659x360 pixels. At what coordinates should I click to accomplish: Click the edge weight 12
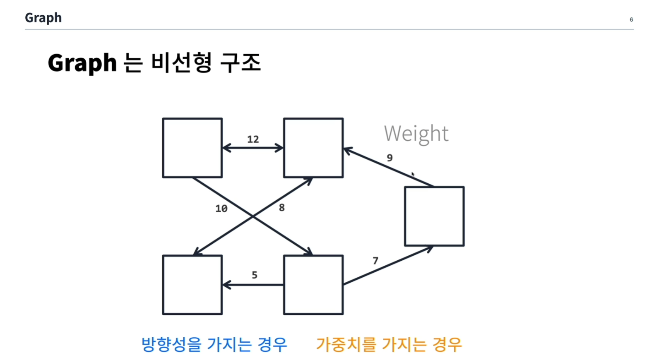(253, 139)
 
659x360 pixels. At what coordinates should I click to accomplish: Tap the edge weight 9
(390, 158)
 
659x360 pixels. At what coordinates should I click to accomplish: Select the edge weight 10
(221, 209)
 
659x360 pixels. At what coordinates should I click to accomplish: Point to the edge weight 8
(281, 208)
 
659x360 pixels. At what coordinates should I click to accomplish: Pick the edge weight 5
(255, 275)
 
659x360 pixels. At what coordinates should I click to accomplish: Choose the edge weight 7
(375, 261)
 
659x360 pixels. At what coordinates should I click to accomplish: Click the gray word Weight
(416, 134)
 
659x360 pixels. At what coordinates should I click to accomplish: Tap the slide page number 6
(631, 19)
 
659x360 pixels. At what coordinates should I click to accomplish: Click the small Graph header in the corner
(43, 18)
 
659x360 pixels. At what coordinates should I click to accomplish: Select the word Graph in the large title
(82, 63)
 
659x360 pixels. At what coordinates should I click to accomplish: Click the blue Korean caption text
(214, 344)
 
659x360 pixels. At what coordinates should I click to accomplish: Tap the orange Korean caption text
(389, 344)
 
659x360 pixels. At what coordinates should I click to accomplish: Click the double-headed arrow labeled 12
(253, 148)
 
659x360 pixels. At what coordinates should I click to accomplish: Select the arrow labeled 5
(253, 285)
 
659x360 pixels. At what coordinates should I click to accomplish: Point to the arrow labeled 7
(388, 266)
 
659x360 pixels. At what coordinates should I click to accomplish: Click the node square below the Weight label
(434, 216)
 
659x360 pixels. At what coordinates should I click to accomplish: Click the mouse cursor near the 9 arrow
(413, 175)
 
